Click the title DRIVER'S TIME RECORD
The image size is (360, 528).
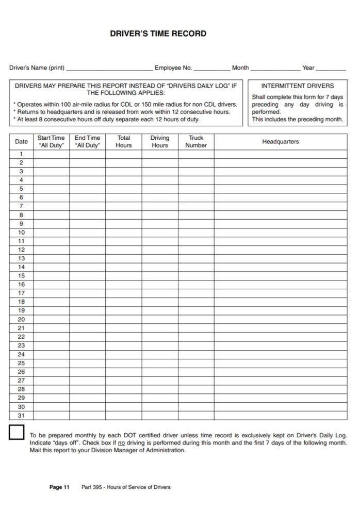(158, 34)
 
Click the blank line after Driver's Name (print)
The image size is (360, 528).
(109, 68)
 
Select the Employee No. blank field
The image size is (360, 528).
(212, 68)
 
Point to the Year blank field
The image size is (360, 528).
(331, 68)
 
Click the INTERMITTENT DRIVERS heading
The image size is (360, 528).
(298, 86)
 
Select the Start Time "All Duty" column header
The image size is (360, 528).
(51, 142)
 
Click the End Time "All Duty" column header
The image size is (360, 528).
(87, 142)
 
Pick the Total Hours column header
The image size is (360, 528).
(123, 142)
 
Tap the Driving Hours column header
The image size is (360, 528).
(159, 142)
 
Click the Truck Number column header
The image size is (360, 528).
(196, 142)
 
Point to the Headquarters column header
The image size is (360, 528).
(280, 142)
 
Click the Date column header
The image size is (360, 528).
(21, 142)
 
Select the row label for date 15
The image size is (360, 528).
(21, 276)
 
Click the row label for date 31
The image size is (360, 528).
(21, 415)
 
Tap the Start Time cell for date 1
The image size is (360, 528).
(51, 154)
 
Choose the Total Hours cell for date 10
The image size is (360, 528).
(123, 233)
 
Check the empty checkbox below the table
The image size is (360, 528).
(17, 432)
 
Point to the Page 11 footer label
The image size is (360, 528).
(59, 487)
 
